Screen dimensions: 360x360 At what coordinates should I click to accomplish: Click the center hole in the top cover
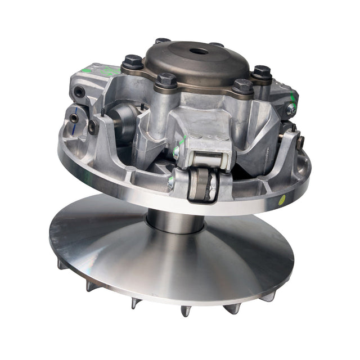199,52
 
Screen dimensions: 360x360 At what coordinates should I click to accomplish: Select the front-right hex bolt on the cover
242,86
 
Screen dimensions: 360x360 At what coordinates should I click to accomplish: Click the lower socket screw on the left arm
74,118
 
